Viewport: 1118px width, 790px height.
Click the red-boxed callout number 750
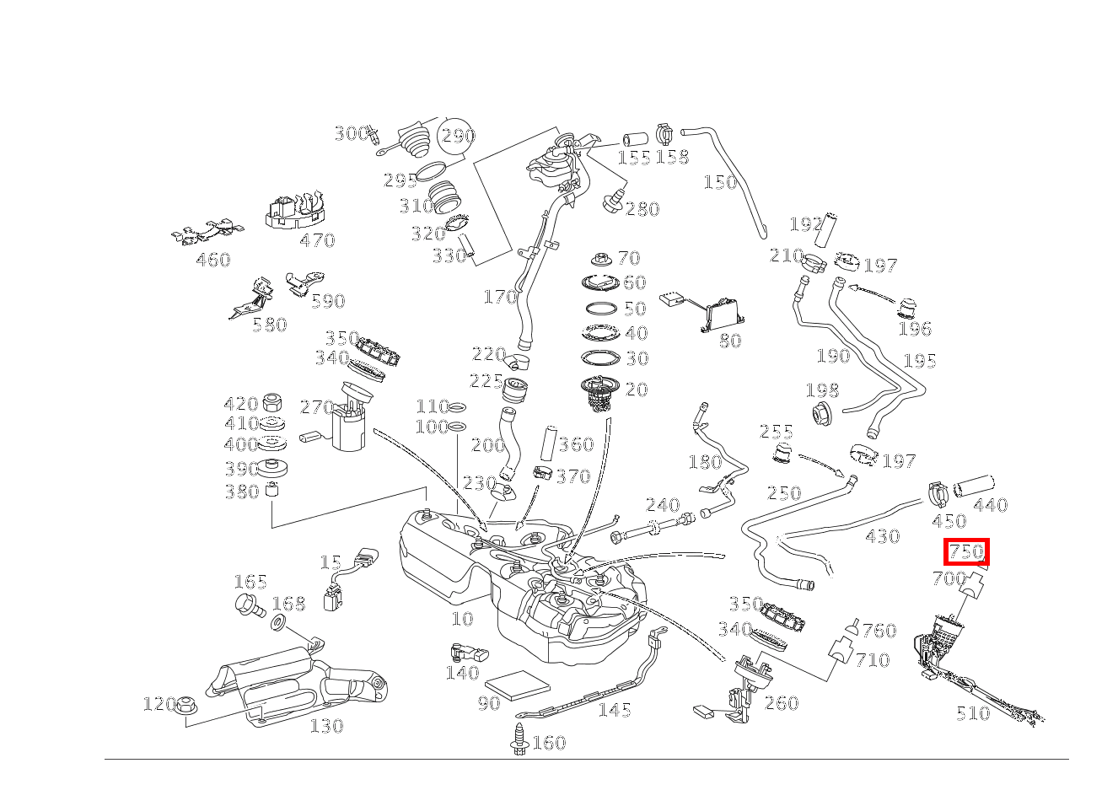[x=965, y=552]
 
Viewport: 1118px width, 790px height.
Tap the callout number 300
[x=350, y=133]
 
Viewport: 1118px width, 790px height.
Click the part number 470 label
[x=317, y=240]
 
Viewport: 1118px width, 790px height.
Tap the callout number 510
[x=972, y=713]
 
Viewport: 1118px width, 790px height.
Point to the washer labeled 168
[x=277, y=624]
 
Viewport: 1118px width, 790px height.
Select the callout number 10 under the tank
[x=462, y=618]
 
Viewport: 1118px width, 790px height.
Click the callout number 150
[x=720, y=182]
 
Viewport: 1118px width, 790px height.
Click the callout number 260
[x=781, y=703]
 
